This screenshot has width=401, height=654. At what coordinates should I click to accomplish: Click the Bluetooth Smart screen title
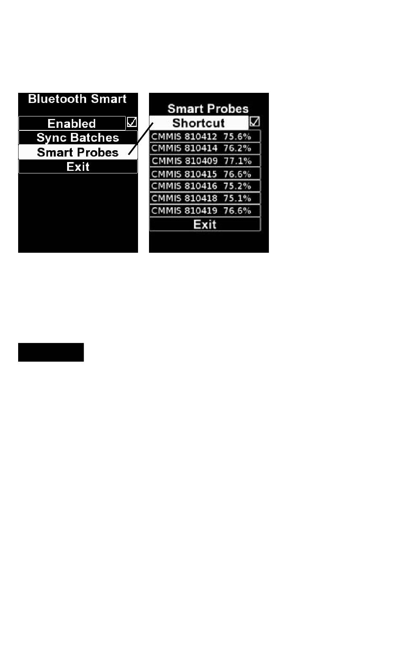(77, 99)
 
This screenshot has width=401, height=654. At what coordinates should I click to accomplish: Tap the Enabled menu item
(72, 123)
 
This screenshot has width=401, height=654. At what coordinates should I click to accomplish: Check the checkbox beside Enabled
(132, 122)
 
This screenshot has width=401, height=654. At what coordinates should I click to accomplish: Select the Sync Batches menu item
(78, 138)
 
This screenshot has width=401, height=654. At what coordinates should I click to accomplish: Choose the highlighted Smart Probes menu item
(78, 152)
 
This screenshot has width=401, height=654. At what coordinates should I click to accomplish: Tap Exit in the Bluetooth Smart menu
(78, 167)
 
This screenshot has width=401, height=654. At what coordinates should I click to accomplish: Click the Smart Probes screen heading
(208, 108)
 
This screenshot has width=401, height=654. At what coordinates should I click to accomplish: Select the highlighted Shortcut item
(198, 123)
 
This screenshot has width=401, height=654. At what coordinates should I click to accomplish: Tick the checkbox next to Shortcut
(255, 122)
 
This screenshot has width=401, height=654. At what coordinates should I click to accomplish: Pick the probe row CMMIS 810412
(205, 136)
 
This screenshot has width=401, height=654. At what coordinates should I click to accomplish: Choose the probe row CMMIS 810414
(205, 148)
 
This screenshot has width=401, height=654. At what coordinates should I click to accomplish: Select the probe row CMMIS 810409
(205, 161)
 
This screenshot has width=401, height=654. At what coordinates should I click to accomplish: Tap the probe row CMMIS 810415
(205, 174)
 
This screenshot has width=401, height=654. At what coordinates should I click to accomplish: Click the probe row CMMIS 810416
(205, 186)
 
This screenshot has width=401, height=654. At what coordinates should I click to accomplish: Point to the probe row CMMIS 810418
(205, 198)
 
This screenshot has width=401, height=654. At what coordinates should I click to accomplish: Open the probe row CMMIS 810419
(205, 211)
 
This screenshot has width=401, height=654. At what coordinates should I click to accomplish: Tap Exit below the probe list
(205, 224)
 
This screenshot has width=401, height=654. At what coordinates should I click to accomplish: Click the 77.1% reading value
(237, 161)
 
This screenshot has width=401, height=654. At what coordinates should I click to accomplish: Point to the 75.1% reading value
(237, 198)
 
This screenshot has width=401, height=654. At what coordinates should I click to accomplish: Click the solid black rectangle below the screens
(51, 352)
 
